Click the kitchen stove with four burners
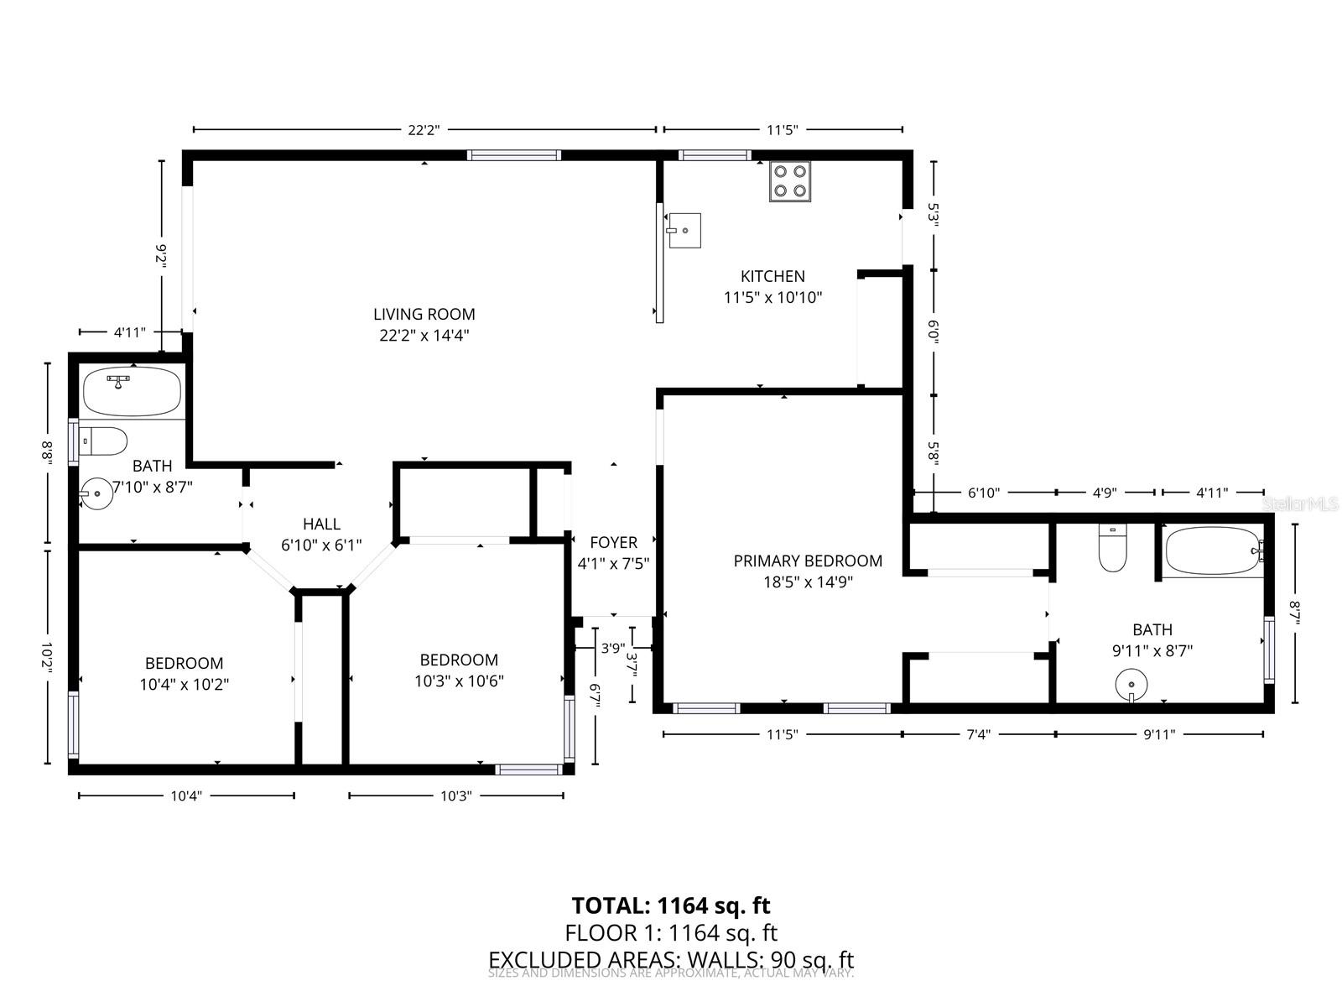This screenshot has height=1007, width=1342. click(790, 181)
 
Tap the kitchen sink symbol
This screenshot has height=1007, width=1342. click(684, 231)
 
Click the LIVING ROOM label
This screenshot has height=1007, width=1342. click(424, 315)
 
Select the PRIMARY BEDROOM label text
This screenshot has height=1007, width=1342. click(808, 561)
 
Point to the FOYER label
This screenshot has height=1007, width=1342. click(613, 542)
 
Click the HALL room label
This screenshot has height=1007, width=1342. click(321, 524)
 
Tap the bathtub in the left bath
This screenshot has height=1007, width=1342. click(133, 392)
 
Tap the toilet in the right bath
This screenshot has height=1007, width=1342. click(1112, 549)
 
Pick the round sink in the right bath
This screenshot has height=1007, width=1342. click(1131, 683)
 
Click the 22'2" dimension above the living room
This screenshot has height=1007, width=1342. click(424, 129)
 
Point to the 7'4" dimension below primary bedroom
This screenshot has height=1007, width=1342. click(978, 734)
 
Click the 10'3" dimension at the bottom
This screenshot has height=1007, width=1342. click(455, 796)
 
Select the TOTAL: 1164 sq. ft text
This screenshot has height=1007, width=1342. click(671, 905)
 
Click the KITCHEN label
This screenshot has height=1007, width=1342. click(772, 276)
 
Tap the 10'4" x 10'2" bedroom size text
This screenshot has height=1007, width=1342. click(185, 684)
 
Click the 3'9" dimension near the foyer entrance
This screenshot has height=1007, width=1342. click(613, 648)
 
